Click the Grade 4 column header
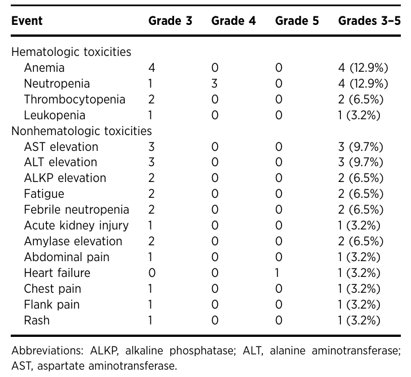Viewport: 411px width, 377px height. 233,21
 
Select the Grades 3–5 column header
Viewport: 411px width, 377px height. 369,21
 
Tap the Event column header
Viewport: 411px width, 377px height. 27,21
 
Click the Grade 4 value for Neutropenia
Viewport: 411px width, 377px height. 214,84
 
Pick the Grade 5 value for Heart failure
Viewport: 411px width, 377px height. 278,273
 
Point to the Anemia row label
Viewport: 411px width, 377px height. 44,68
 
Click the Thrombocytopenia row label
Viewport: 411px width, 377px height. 75,99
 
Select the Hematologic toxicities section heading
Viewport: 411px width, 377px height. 71,52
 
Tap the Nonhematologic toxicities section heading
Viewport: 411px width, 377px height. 81,131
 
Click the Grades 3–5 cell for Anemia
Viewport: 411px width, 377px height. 363,68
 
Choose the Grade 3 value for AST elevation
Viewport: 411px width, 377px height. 152,147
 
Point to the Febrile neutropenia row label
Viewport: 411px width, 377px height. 76,210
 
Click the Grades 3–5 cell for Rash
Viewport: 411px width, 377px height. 359,320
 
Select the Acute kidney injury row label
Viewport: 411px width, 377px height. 76,226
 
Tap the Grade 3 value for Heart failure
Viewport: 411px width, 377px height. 152,273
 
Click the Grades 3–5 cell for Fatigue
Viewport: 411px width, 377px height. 361,194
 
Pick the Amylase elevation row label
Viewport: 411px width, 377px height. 73,241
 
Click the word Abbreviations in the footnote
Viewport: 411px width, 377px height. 47,350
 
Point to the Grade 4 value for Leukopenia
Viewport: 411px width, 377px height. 215,115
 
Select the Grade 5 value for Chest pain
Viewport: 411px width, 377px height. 279,289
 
